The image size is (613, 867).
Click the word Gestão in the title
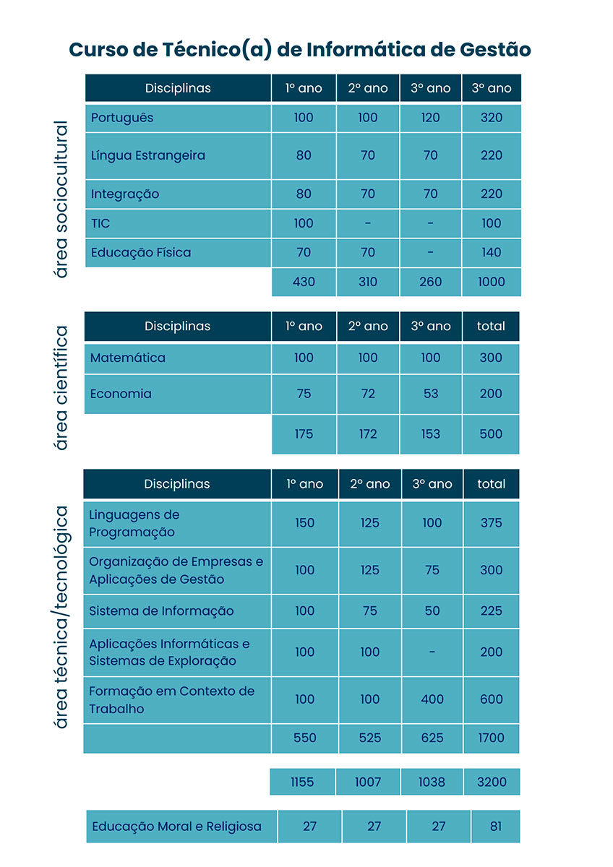pos(495,49)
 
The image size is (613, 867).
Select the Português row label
pos(122,117)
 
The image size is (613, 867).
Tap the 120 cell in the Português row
pos(430,117)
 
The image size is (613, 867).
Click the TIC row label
pos(100,223)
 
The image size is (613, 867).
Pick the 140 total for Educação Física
pos(491,252)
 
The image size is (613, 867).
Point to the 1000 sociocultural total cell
pos(491,282)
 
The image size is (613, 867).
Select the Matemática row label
pos(128,358)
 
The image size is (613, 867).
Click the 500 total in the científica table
pos(491,434)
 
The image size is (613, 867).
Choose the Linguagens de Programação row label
pos(134,523)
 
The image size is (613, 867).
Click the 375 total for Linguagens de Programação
pos(491,523)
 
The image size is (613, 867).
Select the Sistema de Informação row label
pos(161,611)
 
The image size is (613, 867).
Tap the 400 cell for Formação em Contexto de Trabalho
pos(432,699)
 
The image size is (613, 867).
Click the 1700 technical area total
pos(491,738)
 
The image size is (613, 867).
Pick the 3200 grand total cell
pos(491,782)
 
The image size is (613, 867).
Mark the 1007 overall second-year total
pos(369,782)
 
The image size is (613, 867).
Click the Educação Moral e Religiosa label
pos(177,827)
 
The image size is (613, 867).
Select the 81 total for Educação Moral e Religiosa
pos(495,827)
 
